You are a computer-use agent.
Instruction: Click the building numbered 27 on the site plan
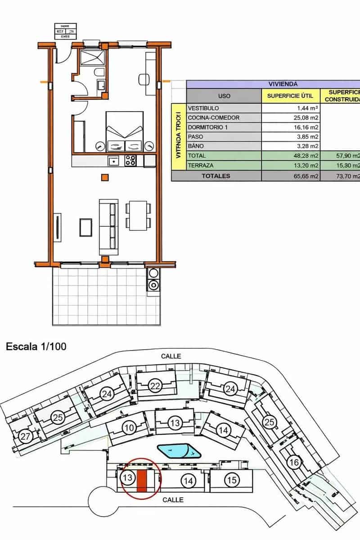coord(25,436)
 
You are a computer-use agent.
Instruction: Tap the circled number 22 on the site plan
coord(155,386)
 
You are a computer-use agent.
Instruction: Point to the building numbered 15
coord(231,480)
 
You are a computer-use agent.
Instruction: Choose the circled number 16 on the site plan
coord(294,462)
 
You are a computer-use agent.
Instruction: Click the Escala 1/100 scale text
coord(36,347)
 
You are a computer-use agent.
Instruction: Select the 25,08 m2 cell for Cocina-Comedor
coord(291,118)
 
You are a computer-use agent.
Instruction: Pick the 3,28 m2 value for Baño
coord(291,146)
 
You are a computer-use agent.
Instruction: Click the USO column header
coord(224,96)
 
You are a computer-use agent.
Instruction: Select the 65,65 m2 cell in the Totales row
coord(291,176)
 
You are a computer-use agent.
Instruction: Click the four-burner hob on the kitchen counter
coord(130,160)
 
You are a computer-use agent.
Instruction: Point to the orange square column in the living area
coord(105,177)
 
